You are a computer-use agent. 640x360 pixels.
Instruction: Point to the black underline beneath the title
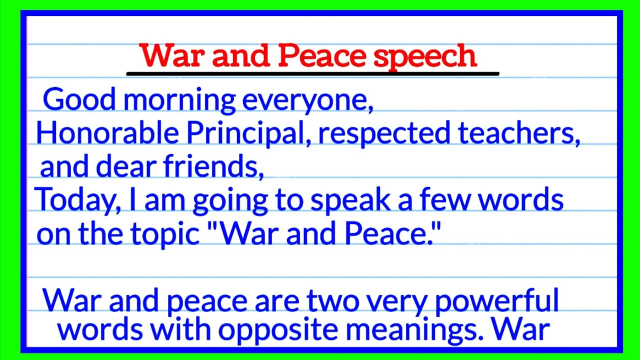(313, 74)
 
